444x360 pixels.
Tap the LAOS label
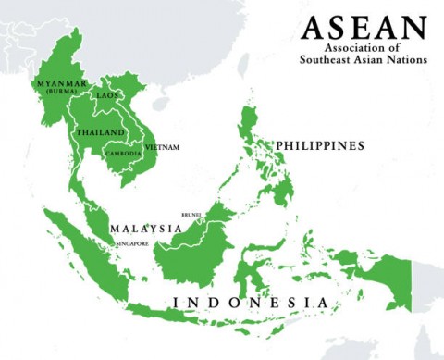[108, 95]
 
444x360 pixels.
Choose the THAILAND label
[101, 132]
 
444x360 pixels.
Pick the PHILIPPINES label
[319, 146]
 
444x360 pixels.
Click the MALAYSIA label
[145, 228]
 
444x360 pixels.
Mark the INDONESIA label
[250, 303]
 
